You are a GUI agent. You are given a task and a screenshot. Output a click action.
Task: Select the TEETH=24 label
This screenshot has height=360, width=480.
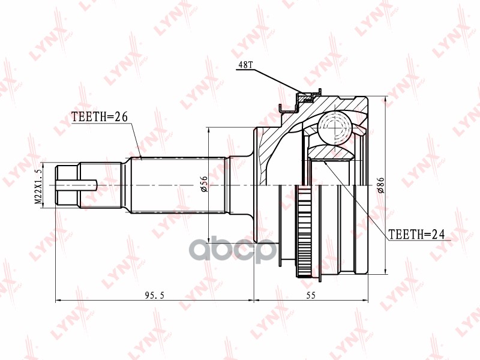(x=416, y=234)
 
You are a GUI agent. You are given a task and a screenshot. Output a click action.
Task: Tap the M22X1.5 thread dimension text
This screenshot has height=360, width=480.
(x=39, y=186)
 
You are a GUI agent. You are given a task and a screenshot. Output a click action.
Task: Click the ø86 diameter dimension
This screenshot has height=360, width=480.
(x=380, y=187)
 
